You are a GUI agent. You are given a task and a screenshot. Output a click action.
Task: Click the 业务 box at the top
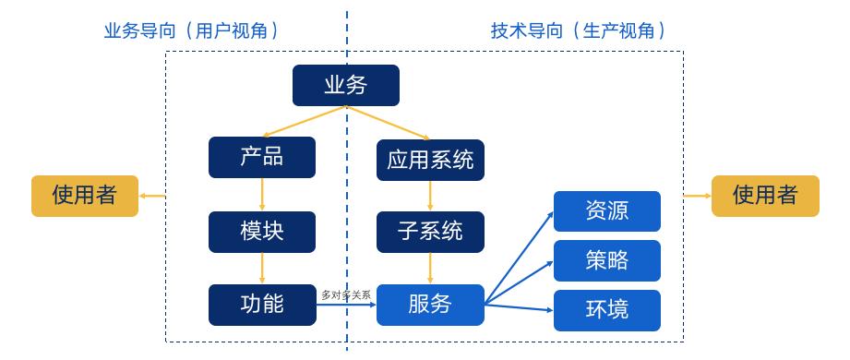(x=346, y=85)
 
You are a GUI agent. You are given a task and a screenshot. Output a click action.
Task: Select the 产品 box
(x=262, y=157)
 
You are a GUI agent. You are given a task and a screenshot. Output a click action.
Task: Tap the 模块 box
(x=262, y=232)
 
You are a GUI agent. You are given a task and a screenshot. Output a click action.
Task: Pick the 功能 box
(x=262, y=304)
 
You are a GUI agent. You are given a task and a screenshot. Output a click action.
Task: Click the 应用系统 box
(x=430, y=160)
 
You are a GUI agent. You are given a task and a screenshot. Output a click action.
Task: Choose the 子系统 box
(x=430, y=232)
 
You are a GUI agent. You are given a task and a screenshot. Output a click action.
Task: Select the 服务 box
(x=430, y=304)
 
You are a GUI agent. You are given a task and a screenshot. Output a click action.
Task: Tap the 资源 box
(x=607, y=210)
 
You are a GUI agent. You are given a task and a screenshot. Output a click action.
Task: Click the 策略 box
(x=607, y=260)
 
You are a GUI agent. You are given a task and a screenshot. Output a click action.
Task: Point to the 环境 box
(x=607, y=309)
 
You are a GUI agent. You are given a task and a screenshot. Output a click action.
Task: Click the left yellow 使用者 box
(x=85, y=195)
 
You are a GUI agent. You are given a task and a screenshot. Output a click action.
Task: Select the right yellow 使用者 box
(x=765, y=195)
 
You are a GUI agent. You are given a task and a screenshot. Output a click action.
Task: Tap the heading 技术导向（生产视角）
(x=578, y=30)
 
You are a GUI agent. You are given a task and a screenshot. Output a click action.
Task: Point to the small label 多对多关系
(x=346, y=294)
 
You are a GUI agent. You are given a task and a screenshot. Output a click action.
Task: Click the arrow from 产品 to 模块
(x=262, y=194)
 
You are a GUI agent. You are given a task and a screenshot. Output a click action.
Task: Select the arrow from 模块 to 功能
(x=262, y=268)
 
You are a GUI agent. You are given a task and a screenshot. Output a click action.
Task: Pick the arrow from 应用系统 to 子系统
(x=430, y=196)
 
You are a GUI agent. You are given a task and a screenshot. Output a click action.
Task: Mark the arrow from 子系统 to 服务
(x=430, y=268)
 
